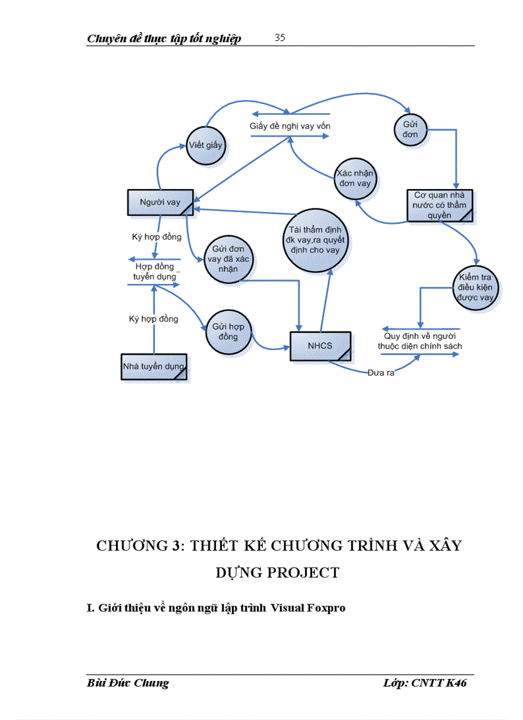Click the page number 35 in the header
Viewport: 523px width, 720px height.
click(280, 38)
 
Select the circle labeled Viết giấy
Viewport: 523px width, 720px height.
click(206, 145)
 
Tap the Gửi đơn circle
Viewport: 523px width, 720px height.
click(410, 130)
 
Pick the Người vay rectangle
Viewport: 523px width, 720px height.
click(160, 203)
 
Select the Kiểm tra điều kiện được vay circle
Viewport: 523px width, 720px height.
click(475, 288)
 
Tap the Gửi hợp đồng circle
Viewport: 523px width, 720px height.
click(228, 331)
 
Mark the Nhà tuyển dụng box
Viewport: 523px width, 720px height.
click(154, 367)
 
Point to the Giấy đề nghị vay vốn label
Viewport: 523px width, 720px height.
click(290, 126)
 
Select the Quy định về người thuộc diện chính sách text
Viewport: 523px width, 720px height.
click(420, 341)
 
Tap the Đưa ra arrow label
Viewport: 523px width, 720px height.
click(381, 373)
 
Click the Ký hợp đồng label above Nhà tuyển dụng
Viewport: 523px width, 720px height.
click(154, 319)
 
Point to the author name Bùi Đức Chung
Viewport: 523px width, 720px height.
click(128, 683)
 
